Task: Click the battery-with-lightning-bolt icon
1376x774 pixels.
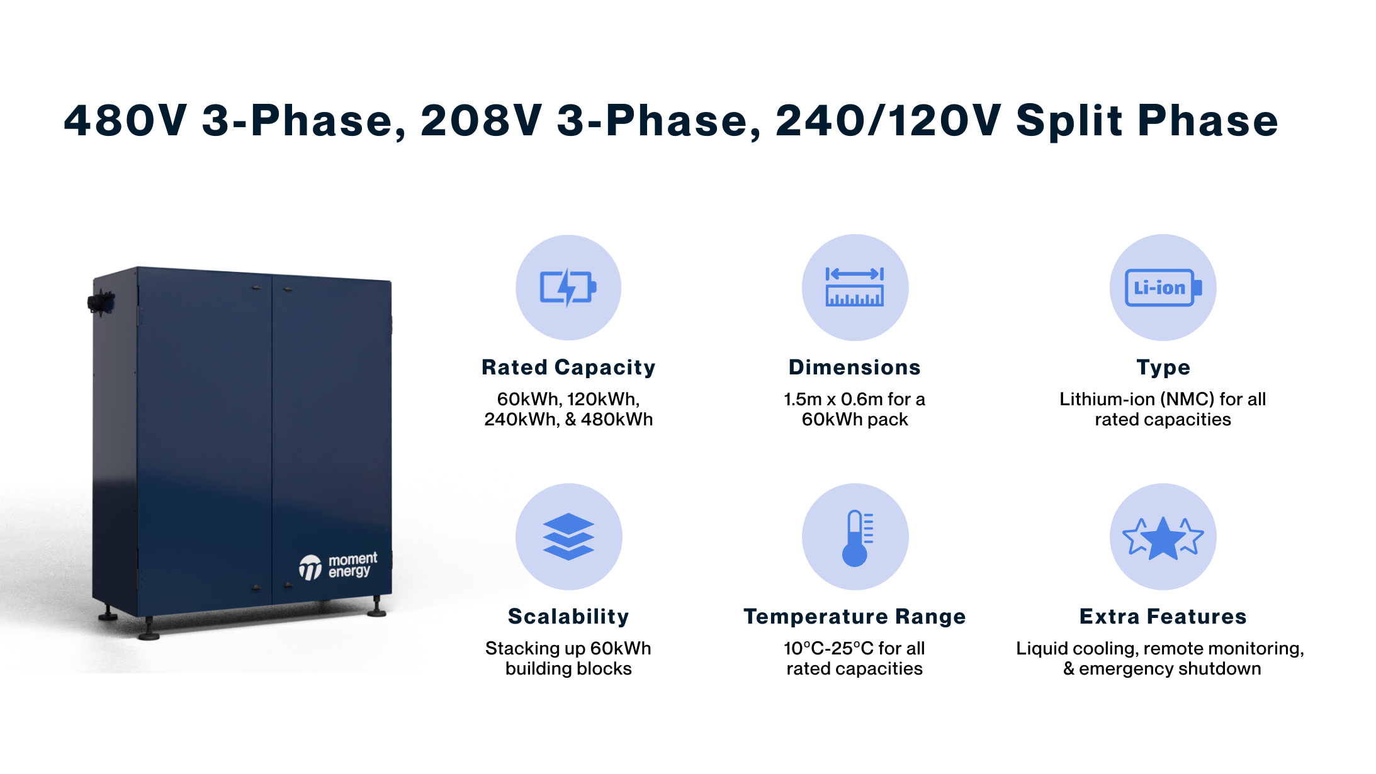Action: [x=568, y=288]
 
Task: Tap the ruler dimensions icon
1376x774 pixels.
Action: [x=854, y=288]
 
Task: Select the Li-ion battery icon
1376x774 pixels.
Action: [x=1163, y=288]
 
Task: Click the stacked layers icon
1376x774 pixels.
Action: [x=568, y=536]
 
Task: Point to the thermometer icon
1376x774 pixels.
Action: [x=855, y=537]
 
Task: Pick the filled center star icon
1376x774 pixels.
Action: [x=1163, y=539]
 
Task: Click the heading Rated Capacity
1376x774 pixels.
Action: [x=568, y=367]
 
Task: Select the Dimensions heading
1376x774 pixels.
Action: [x=854, y=367]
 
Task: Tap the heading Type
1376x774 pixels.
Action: [x=1163, y=367]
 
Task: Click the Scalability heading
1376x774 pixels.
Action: [x=568, y=617]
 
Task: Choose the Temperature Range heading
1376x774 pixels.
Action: [x=854, y=617]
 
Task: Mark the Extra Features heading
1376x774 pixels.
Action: [x=1163, y=617]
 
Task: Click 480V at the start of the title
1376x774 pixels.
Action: [x=125, y=120]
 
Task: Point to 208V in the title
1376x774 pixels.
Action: [x=481, y=120]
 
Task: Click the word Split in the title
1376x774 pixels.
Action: [x=1068, y=120]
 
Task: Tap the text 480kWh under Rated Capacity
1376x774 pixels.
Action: [x=616, y=420]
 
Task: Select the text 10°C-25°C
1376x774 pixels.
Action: [x=828, y=648]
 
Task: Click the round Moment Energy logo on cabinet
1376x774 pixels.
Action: [x=310, y=568]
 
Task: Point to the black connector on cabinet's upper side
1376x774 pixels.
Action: [x=99, y=302]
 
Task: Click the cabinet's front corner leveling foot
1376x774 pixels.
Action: [x=149, y=631]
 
